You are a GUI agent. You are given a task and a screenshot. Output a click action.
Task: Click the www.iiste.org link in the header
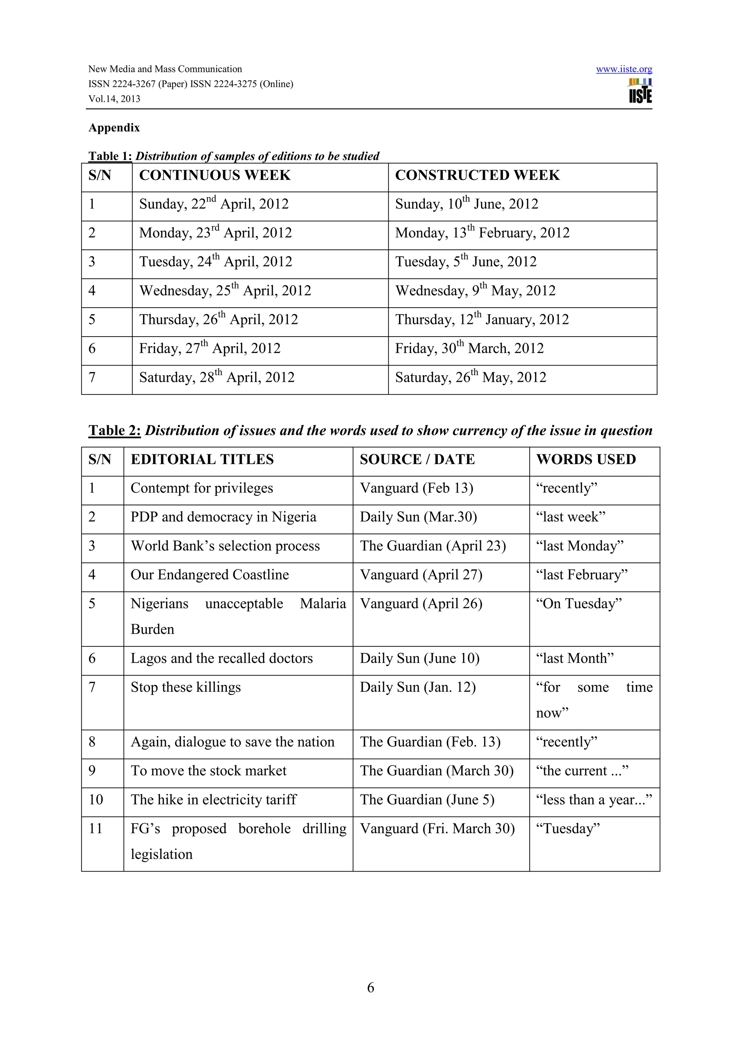click(x=624, y=69)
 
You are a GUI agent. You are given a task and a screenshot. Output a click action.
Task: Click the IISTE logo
click(x=640, y=91)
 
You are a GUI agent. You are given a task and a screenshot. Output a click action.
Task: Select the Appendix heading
click(x=114, y=127)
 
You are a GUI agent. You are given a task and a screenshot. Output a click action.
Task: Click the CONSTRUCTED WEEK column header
click(x=477, y=176)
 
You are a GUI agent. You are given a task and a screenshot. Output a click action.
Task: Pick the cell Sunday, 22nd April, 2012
click(x=214, y=204)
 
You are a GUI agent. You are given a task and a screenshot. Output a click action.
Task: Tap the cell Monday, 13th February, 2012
click(x=482, y=233)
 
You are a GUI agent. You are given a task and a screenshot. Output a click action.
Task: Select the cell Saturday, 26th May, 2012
click(x=470, y=378)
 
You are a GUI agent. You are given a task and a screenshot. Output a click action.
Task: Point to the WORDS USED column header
click(x=586, y=460)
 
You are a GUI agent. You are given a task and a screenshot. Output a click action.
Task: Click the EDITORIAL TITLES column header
click(x=202, y=460)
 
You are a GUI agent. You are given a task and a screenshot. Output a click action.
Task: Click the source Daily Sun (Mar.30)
click(x=418, y=517)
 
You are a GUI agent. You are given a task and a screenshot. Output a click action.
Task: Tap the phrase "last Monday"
click(x=579, y=546)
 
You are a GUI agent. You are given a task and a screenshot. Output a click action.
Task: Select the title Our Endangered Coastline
click(x=209, y=575)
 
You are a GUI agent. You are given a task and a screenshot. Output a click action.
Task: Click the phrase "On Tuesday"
click(x=579, y=604)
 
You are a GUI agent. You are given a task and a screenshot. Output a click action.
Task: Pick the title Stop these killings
click(x=185, y=688)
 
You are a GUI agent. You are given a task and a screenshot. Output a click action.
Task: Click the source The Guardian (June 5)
click(x=427, y=800)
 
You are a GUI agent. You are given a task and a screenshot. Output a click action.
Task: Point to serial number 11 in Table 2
click(x=96, y=829)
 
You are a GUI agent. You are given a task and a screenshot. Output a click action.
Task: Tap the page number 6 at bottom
click(x=370, y=988)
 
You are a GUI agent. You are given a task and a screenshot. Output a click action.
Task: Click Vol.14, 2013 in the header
click(x=114, y=99)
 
